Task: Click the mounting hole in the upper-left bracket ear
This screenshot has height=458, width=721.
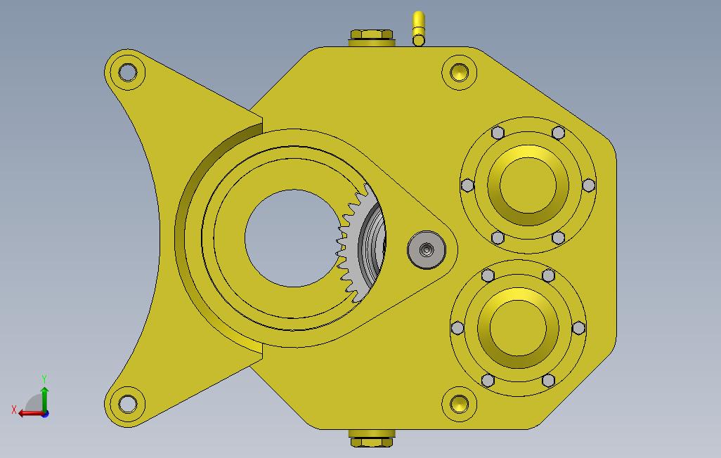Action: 127,72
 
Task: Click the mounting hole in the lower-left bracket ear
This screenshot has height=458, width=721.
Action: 127,404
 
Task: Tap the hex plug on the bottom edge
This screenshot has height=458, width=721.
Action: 372,438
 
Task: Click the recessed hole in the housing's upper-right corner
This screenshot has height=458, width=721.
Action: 460,72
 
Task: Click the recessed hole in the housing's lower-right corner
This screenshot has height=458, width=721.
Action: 460,404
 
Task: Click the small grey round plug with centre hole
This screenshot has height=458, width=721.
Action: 427,249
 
